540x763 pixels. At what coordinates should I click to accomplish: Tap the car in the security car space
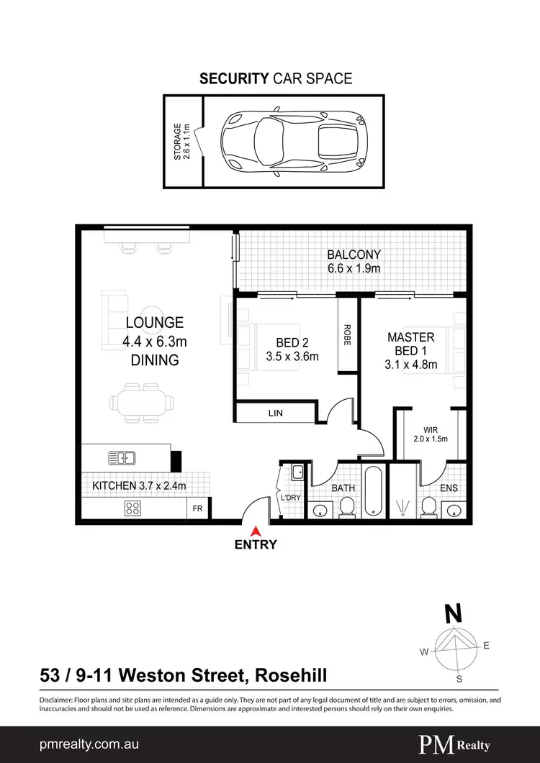click(292, 140)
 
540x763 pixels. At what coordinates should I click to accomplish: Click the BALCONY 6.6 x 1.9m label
click(354, 261)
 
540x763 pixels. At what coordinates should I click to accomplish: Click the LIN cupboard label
click(276, 414)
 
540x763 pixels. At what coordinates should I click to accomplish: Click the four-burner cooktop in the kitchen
click(133, 508)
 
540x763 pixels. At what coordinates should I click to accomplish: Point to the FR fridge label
click(197, 508)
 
